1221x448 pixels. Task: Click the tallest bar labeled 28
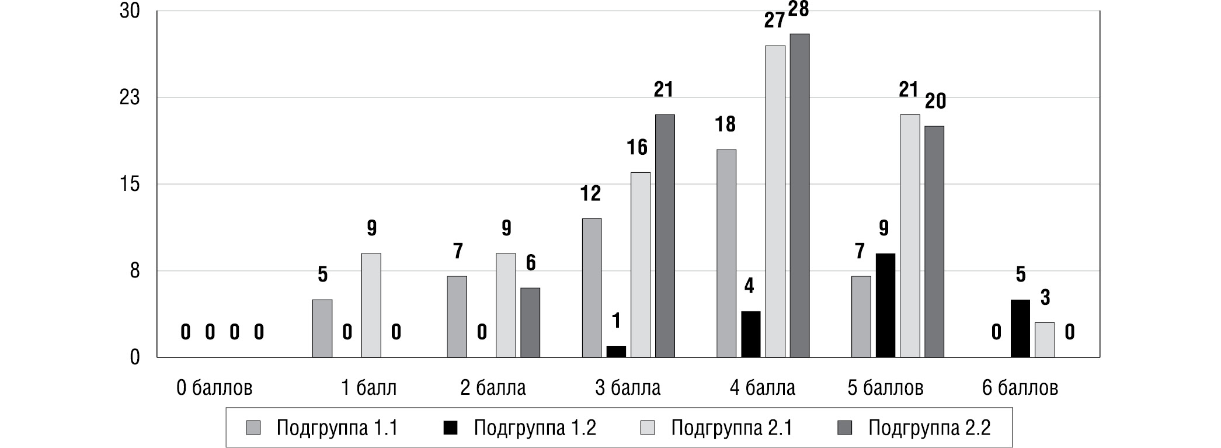click(799, 196)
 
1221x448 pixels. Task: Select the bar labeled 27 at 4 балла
click(775, 202)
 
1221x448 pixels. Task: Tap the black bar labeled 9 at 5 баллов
click(885, 305)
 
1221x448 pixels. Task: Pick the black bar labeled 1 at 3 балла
click(616, 352)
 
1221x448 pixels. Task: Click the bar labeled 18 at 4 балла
click(726, 253)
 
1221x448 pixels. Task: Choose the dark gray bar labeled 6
click(530, 322)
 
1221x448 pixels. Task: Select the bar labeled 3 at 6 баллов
click(1045, 340)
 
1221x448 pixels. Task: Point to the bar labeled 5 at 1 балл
click(322, 328)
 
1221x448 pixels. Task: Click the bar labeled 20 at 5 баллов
click(934, 242)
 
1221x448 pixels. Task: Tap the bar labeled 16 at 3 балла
click(641, 265)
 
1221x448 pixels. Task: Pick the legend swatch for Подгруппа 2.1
click(648, 428)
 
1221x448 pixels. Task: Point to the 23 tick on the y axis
click(130, 98)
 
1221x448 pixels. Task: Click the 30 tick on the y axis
click(130, 11)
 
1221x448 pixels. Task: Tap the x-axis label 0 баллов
click(214, 388)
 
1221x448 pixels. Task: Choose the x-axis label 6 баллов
click(1020, 388)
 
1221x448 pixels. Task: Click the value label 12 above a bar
click(590, 193)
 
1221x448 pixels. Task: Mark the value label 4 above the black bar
click(749, 286)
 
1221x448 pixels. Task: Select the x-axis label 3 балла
click(628, 388)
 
